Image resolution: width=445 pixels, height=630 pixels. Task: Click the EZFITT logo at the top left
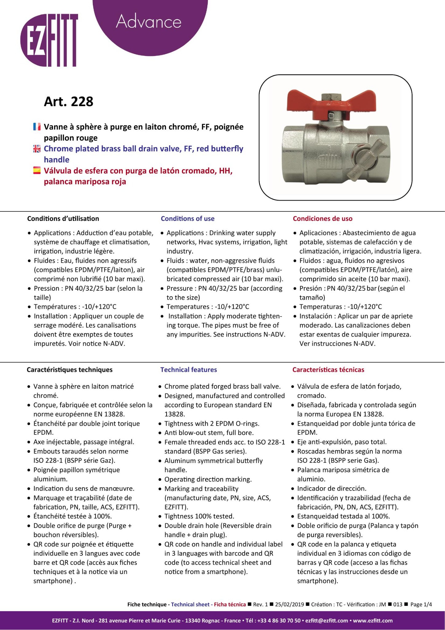(x=49, y=40)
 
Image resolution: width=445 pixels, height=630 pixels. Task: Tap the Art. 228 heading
(x=69, y=102)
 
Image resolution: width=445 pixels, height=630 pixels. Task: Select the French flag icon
(x=37, y=127)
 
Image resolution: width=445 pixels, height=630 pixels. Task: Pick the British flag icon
(x=37, y=149)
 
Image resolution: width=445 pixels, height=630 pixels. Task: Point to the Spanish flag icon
(x=37, y=171)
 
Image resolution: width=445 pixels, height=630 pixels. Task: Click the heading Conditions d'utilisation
(x=63, y=219)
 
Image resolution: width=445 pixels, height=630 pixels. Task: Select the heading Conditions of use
(x=187, y=219)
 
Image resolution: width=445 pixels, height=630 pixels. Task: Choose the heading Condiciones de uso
(x=322, y=219)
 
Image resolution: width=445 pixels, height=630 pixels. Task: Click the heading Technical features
(x=188, y=370)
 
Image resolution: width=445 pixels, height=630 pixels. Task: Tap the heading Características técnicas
(x=328, y=370)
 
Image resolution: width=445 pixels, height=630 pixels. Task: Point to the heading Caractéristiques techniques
(x=69, y=370)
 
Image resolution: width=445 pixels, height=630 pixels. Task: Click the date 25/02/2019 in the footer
(x=289, y=604)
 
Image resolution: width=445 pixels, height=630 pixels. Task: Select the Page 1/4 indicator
(x=421, y=604)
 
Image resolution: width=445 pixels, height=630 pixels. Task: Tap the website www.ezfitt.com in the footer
(x=372, y=620)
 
